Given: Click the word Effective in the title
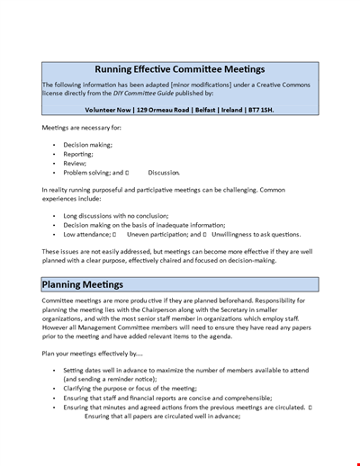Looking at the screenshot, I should (x=163, y=69).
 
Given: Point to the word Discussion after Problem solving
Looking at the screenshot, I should (x=163, y=172).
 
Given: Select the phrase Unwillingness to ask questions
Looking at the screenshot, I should (x=264, y=234).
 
